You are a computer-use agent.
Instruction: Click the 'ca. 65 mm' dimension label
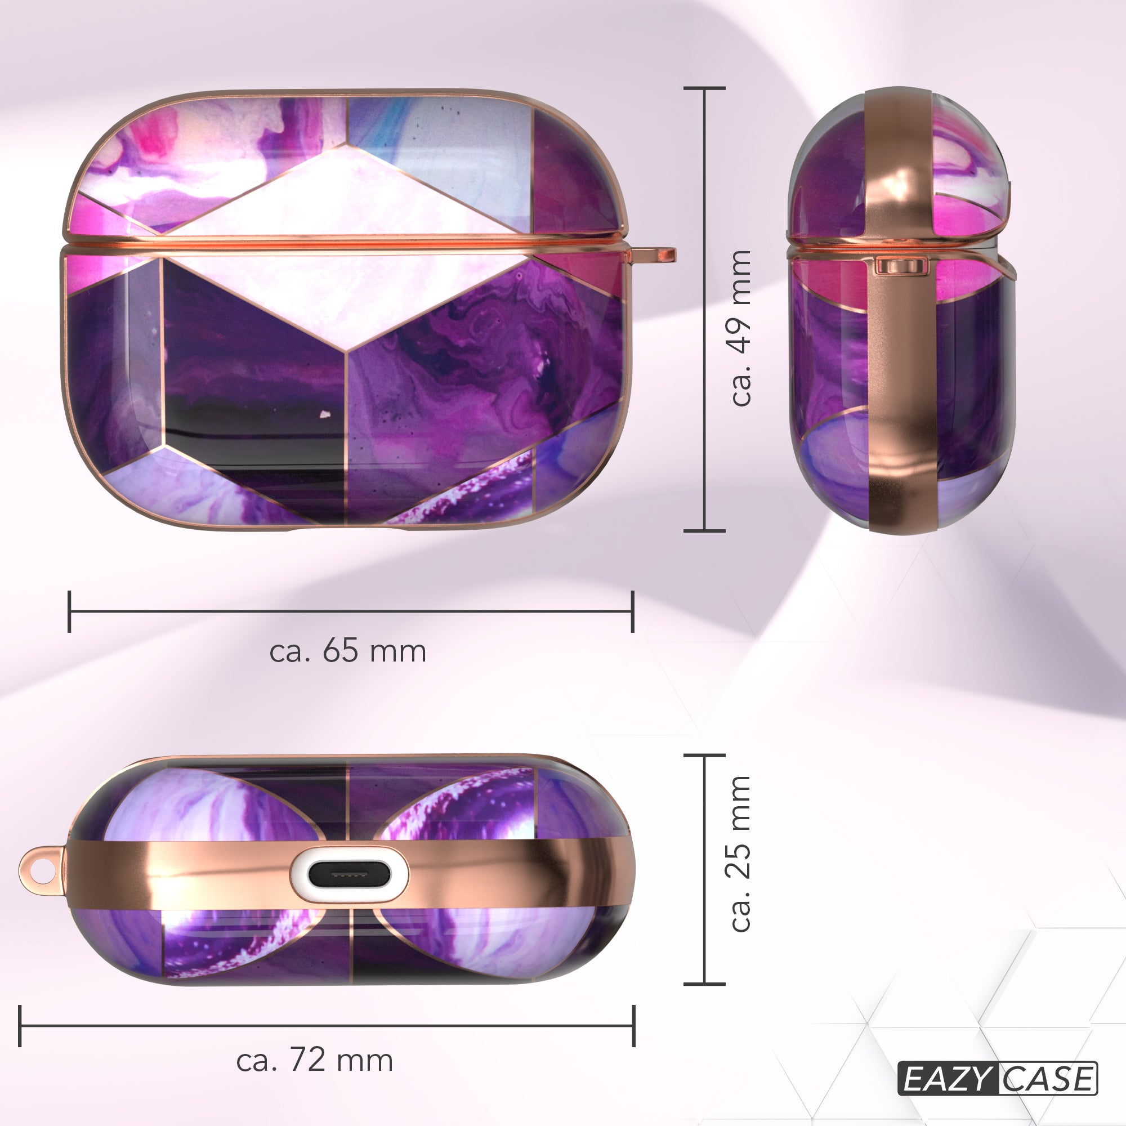348,651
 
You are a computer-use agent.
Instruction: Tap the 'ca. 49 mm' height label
740,328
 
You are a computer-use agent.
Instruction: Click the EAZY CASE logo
997,1079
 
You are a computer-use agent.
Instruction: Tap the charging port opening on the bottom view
348,875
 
